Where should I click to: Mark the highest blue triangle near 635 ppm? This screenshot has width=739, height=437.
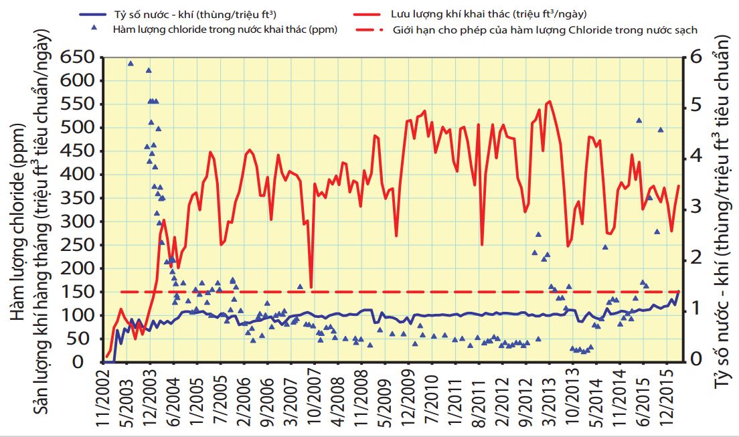131,64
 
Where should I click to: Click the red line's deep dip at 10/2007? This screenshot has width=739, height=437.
311,287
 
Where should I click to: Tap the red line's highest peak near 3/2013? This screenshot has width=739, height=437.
550,102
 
